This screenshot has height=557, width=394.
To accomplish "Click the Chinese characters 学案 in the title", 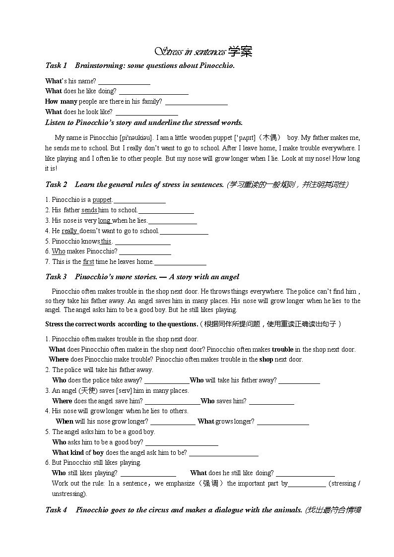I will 240,51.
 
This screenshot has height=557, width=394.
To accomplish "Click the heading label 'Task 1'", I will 56,65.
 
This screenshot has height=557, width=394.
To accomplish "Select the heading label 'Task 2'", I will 56,185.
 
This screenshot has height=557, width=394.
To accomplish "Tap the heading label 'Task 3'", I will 56,277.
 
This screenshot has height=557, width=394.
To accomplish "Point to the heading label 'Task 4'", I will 56,510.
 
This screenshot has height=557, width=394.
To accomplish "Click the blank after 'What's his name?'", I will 124,81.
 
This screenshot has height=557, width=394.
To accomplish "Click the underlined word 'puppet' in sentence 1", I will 102,200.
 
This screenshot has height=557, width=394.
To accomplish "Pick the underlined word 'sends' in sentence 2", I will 89,210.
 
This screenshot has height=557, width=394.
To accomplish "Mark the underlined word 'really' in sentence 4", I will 69,231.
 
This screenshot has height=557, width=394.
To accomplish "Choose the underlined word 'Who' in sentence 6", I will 59,251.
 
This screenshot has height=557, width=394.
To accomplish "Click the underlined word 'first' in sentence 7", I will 88,262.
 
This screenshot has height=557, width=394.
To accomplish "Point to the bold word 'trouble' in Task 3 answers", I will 282,350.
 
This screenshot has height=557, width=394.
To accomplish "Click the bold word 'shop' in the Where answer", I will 266,360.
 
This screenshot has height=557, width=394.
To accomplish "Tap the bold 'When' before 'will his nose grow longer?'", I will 65,422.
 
